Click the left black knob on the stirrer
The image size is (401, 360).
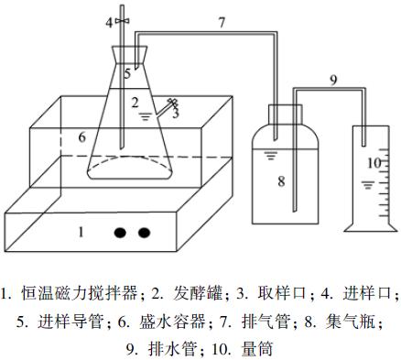coord(120,233)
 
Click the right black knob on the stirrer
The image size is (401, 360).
coord(144,233)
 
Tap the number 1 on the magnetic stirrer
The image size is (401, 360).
coord(81,233)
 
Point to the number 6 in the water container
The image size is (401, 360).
coord(81,137)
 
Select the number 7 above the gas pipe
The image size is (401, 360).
coord(222,23)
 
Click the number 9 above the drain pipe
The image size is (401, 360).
coord(333,80)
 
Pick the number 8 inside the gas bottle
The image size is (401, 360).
coord(281,181)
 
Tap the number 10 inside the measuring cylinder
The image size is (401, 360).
coord(374,163)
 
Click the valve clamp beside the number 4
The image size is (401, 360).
coord(123,21)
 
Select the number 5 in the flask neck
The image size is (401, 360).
coord(127,73)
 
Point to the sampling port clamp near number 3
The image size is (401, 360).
coord(174,104)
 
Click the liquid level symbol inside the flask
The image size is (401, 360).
coord(145,116)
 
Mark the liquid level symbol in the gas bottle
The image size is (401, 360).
coord(270,156)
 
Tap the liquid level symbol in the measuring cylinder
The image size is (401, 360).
coord(368,185)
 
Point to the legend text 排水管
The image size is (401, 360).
coord(173,349)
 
